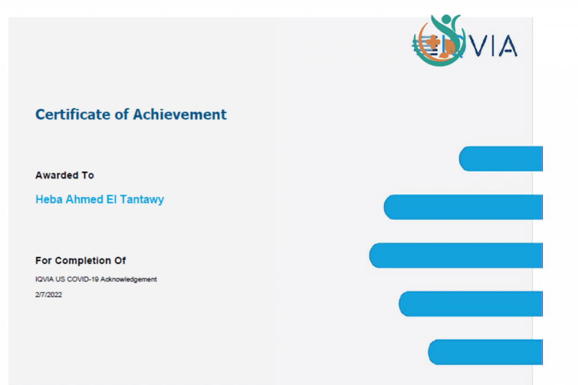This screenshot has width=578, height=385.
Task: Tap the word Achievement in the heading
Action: tap(179, 114)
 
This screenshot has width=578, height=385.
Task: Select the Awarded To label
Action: tap(64, 175)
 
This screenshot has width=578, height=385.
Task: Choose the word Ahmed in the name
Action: tap(81, 200)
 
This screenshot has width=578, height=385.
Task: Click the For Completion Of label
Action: tap(81, 260)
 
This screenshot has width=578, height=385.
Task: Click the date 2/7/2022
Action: tap(49, 294)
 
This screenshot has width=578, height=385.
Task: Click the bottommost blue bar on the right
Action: tap(485, 352)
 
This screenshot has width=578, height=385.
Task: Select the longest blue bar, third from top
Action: tap(456, 255)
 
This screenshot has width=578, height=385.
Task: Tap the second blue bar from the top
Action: tap(463, 207)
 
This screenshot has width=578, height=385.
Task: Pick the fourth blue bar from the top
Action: tap(471, 304)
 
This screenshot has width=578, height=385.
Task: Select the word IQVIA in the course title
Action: tap(43, 279)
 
